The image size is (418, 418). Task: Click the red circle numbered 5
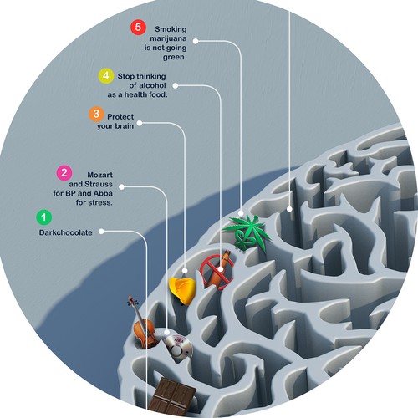pyautogui.click(x=138, y=28)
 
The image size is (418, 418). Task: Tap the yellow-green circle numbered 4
pyautogui.click(x=106, y=76)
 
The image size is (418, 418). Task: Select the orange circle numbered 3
pyautogui.click(x=96, y=114)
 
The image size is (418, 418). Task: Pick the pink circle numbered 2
pyautogui.click(x=64, y=173)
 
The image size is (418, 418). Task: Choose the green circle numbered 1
pyautogui.click(x=44, y=217)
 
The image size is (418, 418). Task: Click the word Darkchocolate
pyautogui.click(x=66, y=232)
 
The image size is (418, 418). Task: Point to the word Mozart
pyautogui.click(x=100, y=175)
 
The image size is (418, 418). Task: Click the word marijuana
pyautogui.click(x=168, y=38)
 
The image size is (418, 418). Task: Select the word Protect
pyautogui.click(x=120, y=116)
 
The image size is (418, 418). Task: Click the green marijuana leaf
pyautogui.click(x=247, y=232)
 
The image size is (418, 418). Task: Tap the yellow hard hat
pyautogui.click(x=183, y=290)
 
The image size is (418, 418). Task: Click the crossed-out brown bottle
pyautogui.click(x=217, y=271)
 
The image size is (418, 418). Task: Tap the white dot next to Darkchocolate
pyautogui.click(x=101, y=232)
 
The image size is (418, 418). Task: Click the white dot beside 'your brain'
pyautogui.click(x=140, y=123)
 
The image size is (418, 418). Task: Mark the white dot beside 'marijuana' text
pyautogui.click(x=196, y=41)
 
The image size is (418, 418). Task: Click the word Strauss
pyautogui.click(x=99, y=184)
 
